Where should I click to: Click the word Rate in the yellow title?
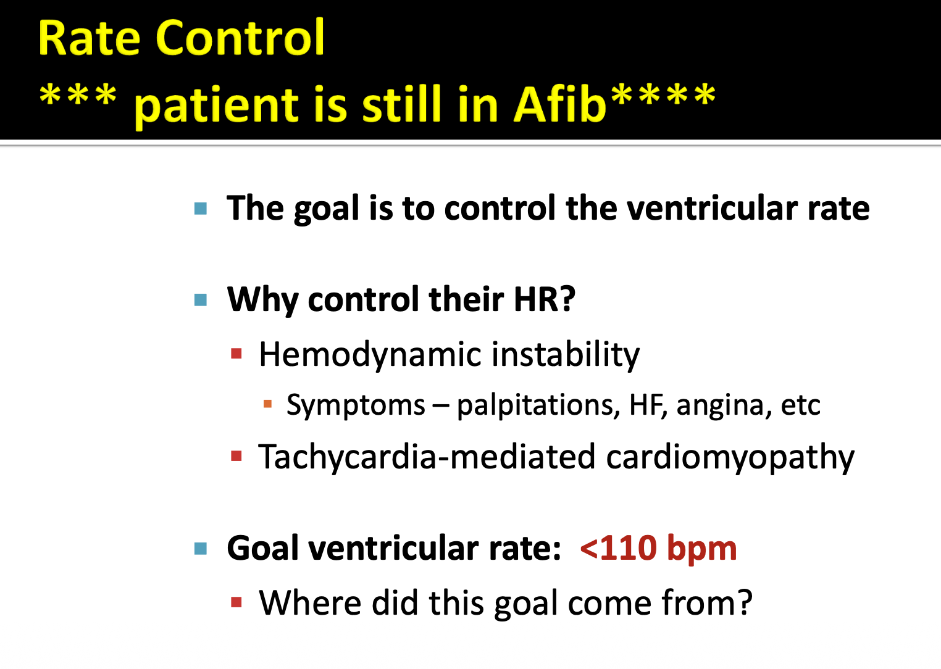tap(89, 38)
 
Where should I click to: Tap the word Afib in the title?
tap(559, 104)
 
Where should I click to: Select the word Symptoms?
tap(356, 405)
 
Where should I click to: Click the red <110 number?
tap(618, 548)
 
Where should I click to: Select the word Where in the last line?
tap(310, 602)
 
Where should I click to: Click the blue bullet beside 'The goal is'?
tap(201, 209)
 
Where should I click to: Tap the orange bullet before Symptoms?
tap(267, 404)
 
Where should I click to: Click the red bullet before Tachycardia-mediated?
tap(236, 455)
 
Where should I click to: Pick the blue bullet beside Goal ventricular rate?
tap(201, 549)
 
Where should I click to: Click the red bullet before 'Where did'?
tap(236, 602)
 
